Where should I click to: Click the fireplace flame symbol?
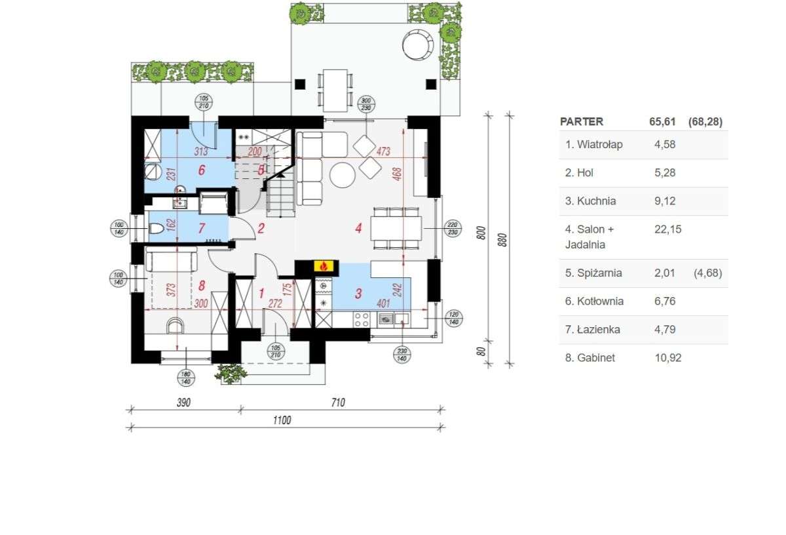tap(322, 266)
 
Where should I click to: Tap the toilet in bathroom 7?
tap(156, 229)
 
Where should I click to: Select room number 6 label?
tap(201, 170)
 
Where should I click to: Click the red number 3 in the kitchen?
tap(358, 293)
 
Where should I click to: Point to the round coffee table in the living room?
tap(342, 175)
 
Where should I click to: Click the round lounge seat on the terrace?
tap(417, 45)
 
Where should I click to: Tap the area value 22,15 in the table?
tap(664, 229)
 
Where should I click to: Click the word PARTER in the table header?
tap(582, 122)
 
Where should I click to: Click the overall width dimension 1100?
tap(282, 420)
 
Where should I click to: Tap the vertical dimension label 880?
tap(502, 239)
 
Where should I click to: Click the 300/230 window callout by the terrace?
tap(367, 104)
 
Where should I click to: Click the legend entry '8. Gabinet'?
tap(590, 358)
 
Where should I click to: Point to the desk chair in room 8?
tap(175, 325)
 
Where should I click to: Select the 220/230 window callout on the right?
tap(452, 227)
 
